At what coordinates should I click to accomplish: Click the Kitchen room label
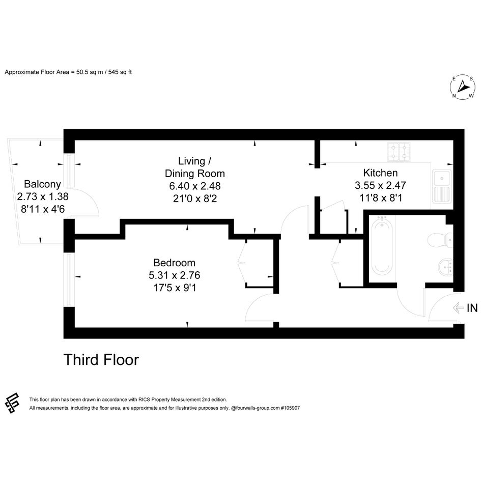[x=380, y=173]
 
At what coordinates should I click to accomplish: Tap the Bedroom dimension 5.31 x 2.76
[x=174, y=275]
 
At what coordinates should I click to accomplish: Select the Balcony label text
[x=42, y=184]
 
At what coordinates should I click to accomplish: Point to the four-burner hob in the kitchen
[x=399, y=152]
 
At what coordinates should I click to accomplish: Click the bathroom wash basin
[x=445, y=267]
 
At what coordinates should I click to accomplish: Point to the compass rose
[x=462, y=87]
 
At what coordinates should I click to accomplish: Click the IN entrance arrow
[x=458, y=307]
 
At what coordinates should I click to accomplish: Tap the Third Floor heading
[x=101, y=360]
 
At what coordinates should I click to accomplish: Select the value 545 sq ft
[x=120, y=72]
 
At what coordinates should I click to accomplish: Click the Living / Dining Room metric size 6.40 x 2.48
[x=195, y=186]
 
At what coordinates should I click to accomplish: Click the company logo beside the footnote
[x=12, y=404]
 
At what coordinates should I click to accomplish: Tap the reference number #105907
[x=290, y=408]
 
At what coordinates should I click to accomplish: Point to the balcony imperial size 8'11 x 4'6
[x=43, y=209]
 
